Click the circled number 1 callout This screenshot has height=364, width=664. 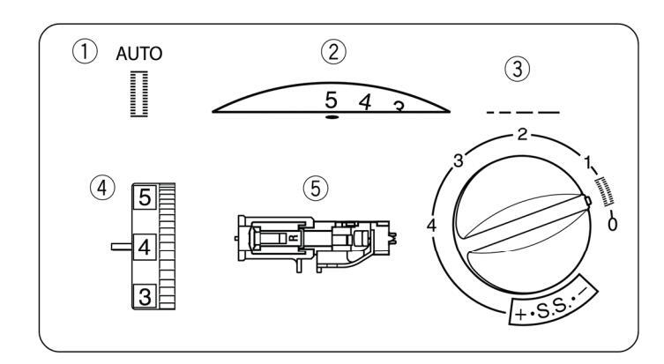85,52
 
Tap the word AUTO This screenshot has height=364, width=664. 139,54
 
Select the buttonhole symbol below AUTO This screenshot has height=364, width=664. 139,94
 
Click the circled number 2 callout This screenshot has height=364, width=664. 333,52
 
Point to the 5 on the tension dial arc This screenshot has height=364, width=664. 332,100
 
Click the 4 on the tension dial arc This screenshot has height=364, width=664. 365,102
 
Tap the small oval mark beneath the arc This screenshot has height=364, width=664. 332,117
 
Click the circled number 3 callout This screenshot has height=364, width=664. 517,69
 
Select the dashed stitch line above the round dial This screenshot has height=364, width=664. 523,113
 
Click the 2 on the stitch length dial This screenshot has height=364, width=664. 523,135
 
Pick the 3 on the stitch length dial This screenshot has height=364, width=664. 459,160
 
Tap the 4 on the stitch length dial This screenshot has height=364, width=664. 431,225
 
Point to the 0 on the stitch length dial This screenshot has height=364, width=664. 612,224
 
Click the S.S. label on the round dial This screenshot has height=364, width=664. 552,308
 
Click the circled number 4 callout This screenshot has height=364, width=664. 102,187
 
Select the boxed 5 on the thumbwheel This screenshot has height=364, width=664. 145,197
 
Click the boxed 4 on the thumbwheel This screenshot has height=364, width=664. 145,247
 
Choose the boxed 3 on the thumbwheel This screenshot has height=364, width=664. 145,296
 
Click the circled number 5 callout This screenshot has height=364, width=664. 316,189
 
